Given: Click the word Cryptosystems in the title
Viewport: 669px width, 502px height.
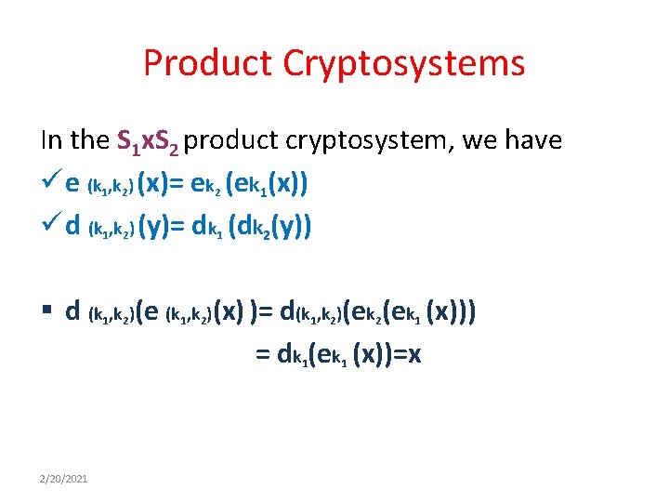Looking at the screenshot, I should (x=414, y=63).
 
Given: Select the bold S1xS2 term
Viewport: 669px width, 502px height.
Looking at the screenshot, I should (x=150, y=141).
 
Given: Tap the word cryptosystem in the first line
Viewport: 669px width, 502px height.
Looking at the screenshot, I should (x=355, y=140).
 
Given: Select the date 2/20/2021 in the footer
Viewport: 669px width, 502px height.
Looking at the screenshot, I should (x=63, y=478).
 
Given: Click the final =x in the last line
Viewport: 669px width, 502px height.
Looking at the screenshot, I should (x=405, y=354).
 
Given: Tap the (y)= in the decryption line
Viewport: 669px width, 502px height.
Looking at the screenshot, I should (x=161, y=226).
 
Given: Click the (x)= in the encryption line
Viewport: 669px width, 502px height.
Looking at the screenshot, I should (x=161, y=183).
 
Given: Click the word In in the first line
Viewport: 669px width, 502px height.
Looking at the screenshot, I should (x=51, y=140).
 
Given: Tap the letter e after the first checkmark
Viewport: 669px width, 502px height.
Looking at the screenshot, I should (x=72, y=183).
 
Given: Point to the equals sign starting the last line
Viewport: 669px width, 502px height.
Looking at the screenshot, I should (x=262, y=354).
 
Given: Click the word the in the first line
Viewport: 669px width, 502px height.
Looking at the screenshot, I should (x=89, y=140).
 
